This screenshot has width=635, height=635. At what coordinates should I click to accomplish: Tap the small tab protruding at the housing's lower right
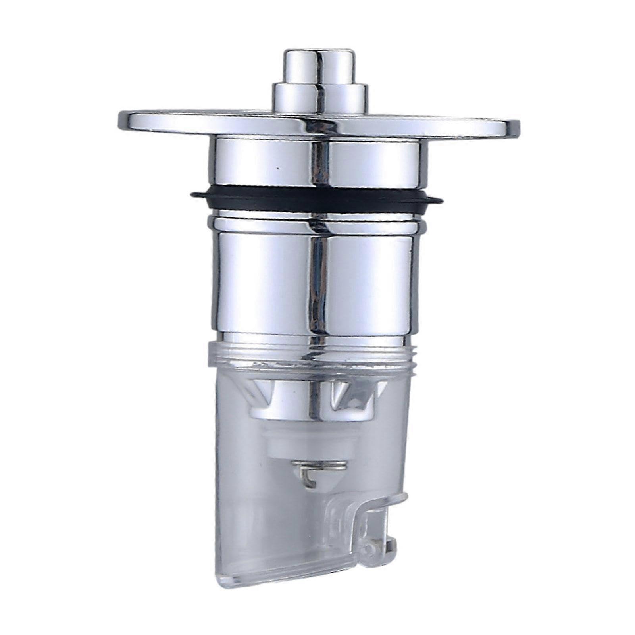[391, 544]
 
